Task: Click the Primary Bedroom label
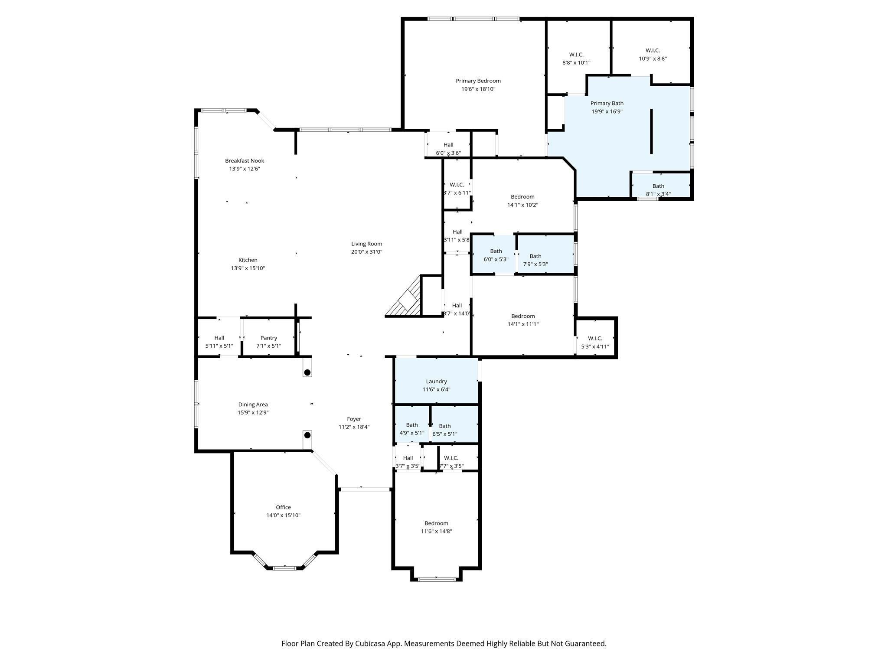[478, 81]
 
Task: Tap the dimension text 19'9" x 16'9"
[607, 111]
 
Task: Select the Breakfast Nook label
[245, 160]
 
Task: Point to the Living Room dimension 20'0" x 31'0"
[367, 252]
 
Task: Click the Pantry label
[269, 338]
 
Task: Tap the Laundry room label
[437, 382]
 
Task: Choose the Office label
[284, 507]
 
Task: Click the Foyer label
[354, 419]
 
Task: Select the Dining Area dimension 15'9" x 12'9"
[253, 413]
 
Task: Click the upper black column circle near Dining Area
[307, 372]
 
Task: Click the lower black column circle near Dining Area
[307, 435]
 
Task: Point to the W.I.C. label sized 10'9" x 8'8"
[653, 50]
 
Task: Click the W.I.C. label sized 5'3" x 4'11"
[595, 338]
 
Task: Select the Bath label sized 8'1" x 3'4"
[658, 186]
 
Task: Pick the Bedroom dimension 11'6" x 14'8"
[437, 531]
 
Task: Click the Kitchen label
[248, 260]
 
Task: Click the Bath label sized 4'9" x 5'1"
[412, 425]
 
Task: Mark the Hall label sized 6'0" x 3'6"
[448, 145]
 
